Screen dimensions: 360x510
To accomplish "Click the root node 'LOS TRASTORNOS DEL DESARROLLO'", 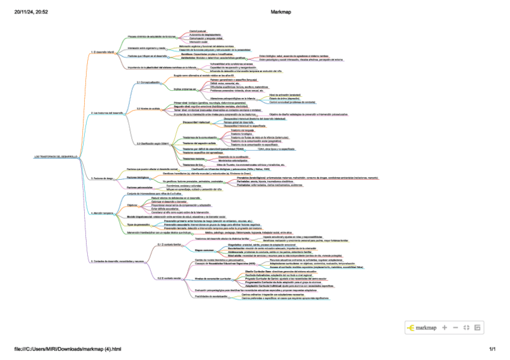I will tap(56, 157).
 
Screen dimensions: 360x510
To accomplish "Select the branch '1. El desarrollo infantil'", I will tap(102, 52).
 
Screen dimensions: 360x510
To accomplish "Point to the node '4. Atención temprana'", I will tap(100, 213).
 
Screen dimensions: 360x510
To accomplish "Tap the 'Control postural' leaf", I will tap(198, 30).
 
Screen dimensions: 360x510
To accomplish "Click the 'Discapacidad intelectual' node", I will tap(195, 121).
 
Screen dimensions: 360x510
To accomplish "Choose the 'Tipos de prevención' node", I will tap(138, 224).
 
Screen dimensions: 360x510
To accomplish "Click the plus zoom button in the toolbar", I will tap(444, 328).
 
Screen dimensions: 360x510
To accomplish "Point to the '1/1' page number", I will tap(492, 349).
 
